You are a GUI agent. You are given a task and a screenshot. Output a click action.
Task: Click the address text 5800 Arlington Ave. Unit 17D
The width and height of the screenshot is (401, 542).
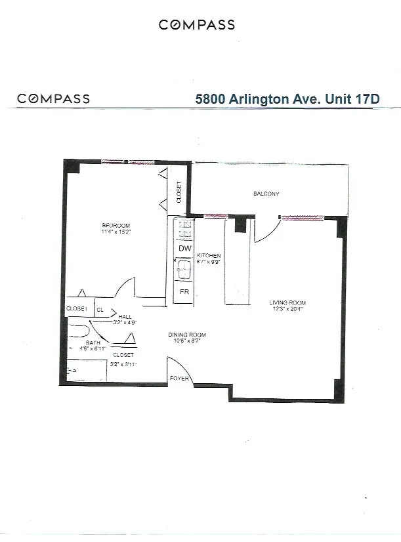pyautogui.click(x=289, y=99)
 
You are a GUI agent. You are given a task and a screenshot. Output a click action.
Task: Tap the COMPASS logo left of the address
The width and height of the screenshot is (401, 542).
pyautogui.click(x=54, y=99)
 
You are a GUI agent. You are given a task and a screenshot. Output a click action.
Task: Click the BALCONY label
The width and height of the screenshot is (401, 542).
pyautogui.click(x=266, y=194)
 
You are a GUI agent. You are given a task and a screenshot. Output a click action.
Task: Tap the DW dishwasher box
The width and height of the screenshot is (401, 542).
pyautogui.click(x=184, y=249)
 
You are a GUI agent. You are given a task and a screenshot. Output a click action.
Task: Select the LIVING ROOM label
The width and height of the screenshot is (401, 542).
pyautogui.click(x=287, y=303)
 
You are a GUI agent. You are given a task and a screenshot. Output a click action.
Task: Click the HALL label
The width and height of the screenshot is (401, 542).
pyautogui.click(x=125, y=316)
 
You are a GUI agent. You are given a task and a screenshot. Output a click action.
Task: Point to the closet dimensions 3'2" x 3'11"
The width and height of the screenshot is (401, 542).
pyautogui.click(x=122, y=363)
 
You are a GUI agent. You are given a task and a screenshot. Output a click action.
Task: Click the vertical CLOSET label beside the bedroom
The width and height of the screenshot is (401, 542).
pyautogui.click(x=179, y=192)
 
